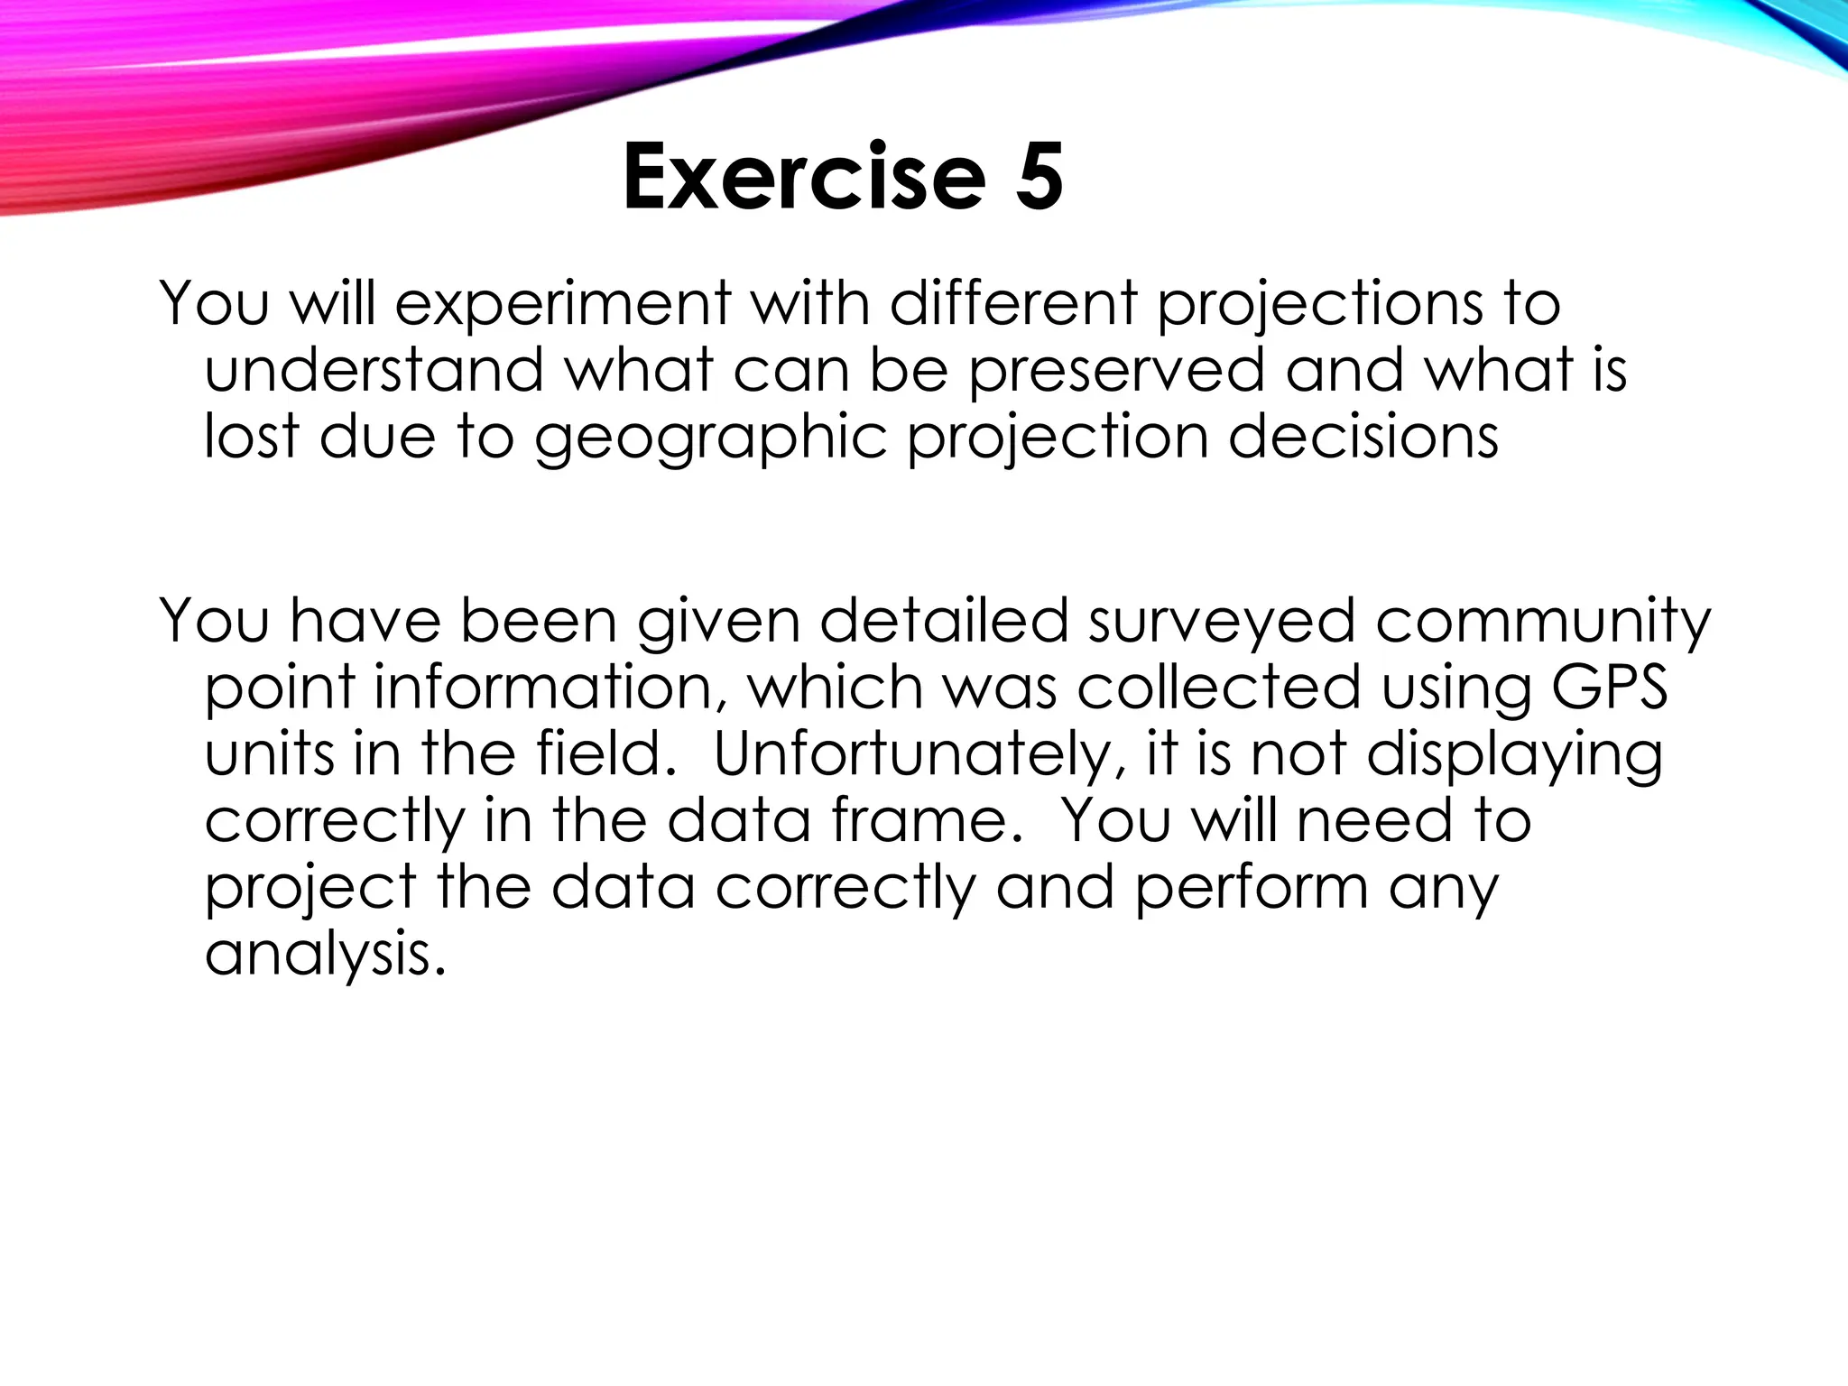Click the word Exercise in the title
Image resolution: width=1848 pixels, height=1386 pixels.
803,178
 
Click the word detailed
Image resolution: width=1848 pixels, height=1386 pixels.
943,622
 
